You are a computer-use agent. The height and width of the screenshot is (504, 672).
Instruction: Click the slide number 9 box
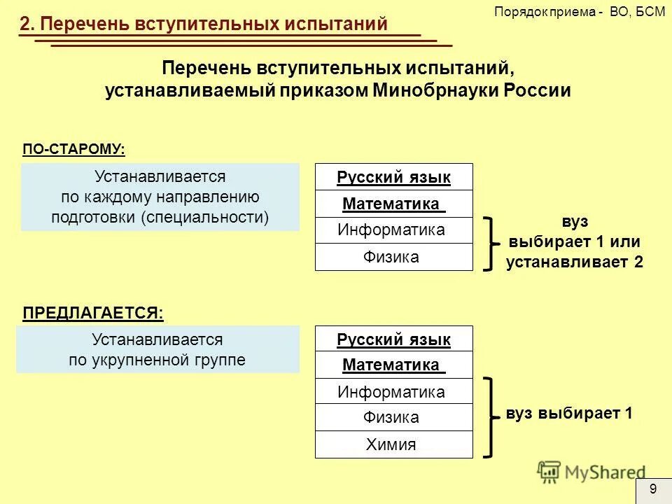[x=653, y=489]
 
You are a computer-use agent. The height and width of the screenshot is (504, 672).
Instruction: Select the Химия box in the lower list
[x=393, y=444]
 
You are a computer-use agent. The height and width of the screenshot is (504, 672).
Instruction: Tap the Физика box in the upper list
[x=393, y=257]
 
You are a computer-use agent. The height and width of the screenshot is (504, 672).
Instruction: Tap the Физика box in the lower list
[x=393, y=418]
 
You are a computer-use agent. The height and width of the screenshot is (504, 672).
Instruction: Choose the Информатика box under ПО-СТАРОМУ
[x=393, y=230]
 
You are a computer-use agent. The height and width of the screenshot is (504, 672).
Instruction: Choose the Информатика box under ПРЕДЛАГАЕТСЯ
[x=393, y=392]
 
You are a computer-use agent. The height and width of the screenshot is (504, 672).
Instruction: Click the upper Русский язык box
[x=393, y=177]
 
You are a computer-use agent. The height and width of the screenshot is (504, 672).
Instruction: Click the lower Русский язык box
[x=393, y=339]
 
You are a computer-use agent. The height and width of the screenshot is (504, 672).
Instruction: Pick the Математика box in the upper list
[x=393, y=204]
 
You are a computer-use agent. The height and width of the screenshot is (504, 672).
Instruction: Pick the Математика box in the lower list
[x=393, y=365]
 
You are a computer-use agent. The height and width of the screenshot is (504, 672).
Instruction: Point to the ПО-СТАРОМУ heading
[x=74, y=149]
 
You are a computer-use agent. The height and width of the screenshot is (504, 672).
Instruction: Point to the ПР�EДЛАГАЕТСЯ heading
[x=93, y=313]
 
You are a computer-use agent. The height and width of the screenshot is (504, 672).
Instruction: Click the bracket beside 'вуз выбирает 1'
[x=492, y=417]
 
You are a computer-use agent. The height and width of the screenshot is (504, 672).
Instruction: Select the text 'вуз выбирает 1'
[x=569, y=414]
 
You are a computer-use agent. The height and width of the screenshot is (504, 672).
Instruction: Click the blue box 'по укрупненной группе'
[x=157, y=349]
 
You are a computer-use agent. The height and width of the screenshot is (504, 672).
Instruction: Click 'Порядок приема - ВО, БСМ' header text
[x=580, y=12]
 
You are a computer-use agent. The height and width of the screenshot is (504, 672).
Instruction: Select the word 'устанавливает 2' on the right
[x=574, y=262]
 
